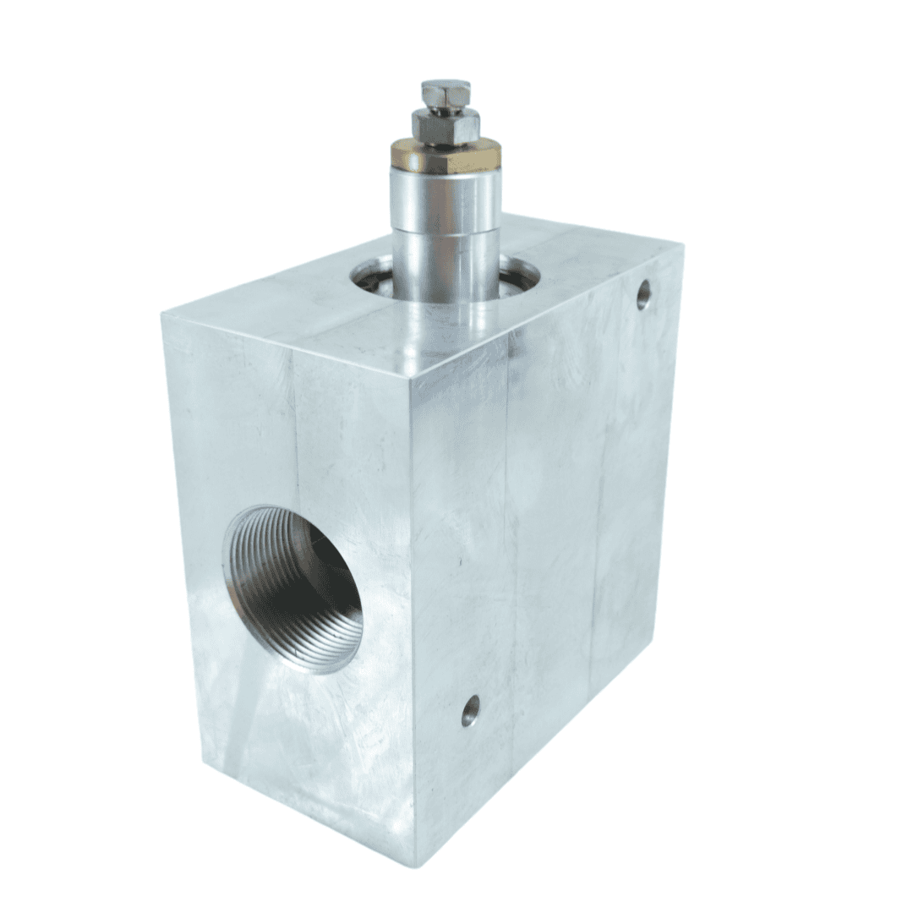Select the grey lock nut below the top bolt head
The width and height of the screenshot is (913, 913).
tap(446, 126)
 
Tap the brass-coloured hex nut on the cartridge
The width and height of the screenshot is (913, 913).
tap(446, 157)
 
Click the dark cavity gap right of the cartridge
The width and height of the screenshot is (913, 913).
tap(517, 275)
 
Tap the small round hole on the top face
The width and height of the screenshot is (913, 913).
tap(644, 294)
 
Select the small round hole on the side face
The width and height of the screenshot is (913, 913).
tap(471, 710)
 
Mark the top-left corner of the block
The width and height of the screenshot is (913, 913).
tap(163, 314)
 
